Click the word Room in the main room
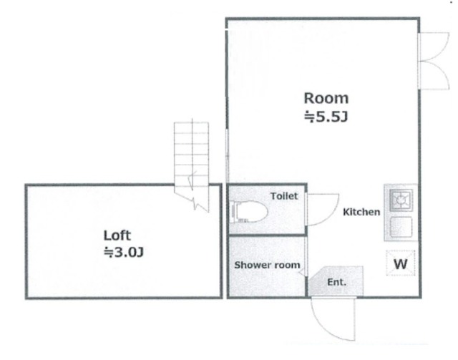(x=326, y=99)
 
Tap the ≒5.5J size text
(x=326, y=117)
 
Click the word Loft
(x=117, y=235)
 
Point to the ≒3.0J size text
(x=124, y=252)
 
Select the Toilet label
(x=284, y=196)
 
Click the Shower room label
(x=267, y=265)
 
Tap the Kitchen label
(x=361, y=212)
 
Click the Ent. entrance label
(x=336, y=282)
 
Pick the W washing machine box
(x=401, y=263)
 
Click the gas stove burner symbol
(x=401, y=200)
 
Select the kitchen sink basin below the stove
(x=401, y=227)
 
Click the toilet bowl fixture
(x=249, y=212)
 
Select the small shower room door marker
(x=301, y=273)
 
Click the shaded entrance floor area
(x=336, y=281)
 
